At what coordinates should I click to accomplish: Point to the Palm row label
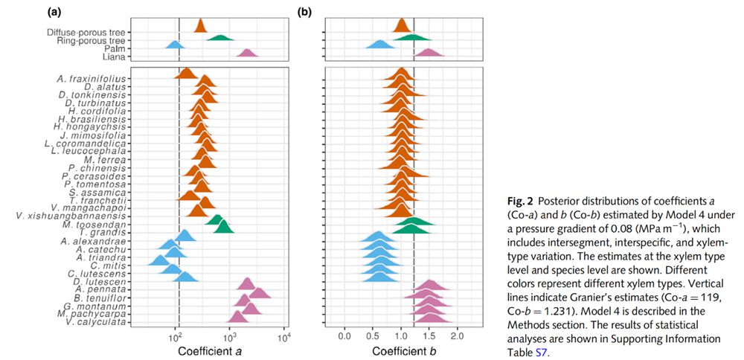pyautogui.click(x=112, y=48)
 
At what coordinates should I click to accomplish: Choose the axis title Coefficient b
pyautogui.click(x=401, y=351)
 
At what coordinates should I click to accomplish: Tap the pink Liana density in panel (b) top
pyautogui.click(x=427, y=53)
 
